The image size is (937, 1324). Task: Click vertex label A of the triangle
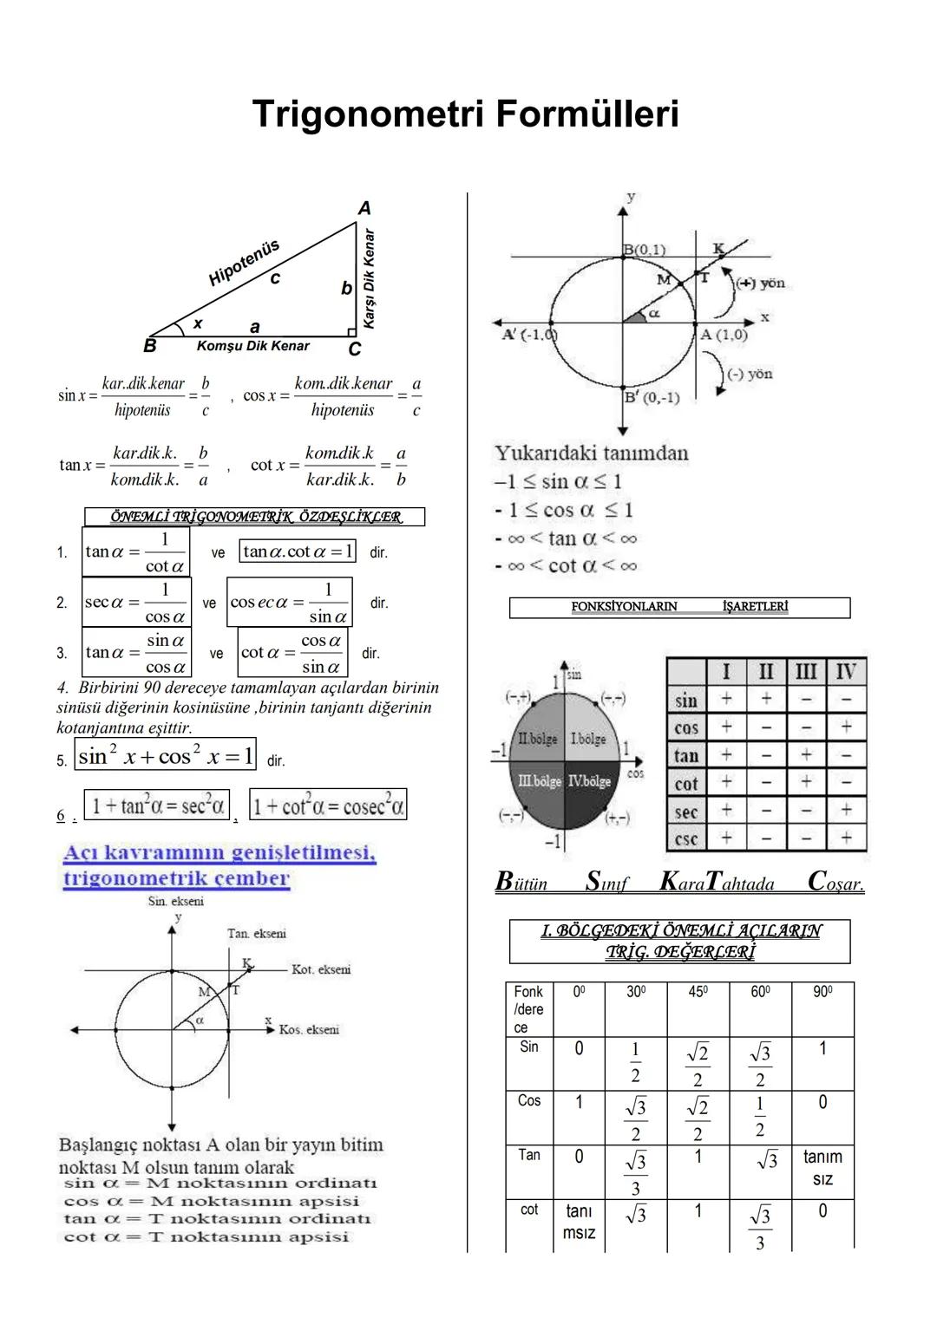[364, 208]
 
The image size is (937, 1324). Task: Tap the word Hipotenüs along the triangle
[244, 262]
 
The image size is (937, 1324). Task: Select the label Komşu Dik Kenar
[252, 346]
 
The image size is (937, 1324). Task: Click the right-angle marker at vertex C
[351, 332]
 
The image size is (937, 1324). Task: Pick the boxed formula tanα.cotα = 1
[298, 551]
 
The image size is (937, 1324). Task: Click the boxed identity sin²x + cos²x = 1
[166, 756]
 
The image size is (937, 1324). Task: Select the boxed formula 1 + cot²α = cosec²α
[328, 806]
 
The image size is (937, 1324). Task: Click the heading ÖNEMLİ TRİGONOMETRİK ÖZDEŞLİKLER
[255, 518]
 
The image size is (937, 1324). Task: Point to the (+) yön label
[760, 284]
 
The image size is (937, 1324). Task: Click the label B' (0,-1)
[652, 398]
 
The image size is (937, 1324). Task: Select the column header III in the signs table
[806, 672]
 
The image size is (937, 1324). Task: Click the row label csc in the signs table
[686, 838]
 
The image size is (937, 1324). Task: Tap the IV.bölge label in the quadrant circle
[589, 781]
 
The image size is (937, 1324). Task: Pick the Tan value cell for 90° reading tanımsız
[822, 1168]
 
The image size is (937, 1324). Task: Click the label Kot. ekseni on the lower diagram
[321, 970]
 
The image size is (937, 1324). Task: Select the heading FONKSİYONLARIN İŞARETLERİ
[679, 607]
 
